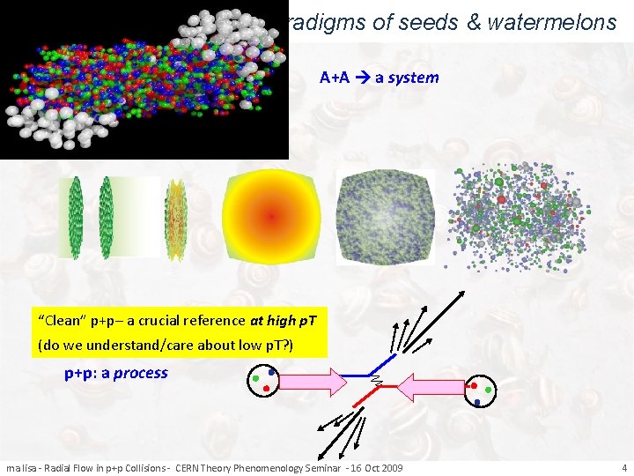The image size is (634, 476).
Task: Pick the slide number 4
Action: pos(623,467)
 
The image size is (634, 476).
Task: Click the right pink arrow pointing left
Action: pos(431,385)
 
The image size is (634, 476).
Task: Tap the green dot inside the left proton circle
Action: pos(255,379)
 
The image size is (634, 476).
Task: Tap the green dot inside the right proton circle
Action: pos(489,388)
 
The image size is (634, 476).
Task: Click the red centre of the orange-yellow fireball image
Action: pos(271,216)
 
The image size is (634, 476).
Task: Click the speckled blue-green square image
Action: pos(387,215)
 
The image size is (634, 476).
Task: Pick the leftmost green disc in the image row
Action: pos(76,217)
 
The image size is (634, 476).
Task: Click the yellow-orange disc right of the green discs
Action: pos(176,219)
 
